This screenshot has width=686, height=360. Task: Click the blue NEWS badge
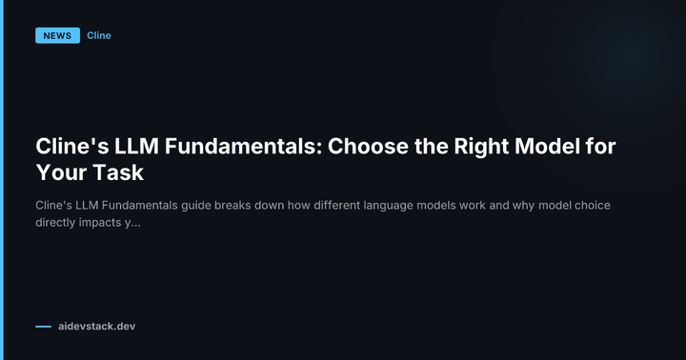tap(57, 36)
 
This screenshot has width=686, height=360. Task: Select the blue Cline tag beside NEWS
tap(99, 36)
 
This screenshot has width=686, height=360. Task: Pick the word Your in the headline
tap(60, 174)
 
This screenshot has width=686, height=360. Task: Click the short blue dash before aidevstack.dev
tap(43, 327)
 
